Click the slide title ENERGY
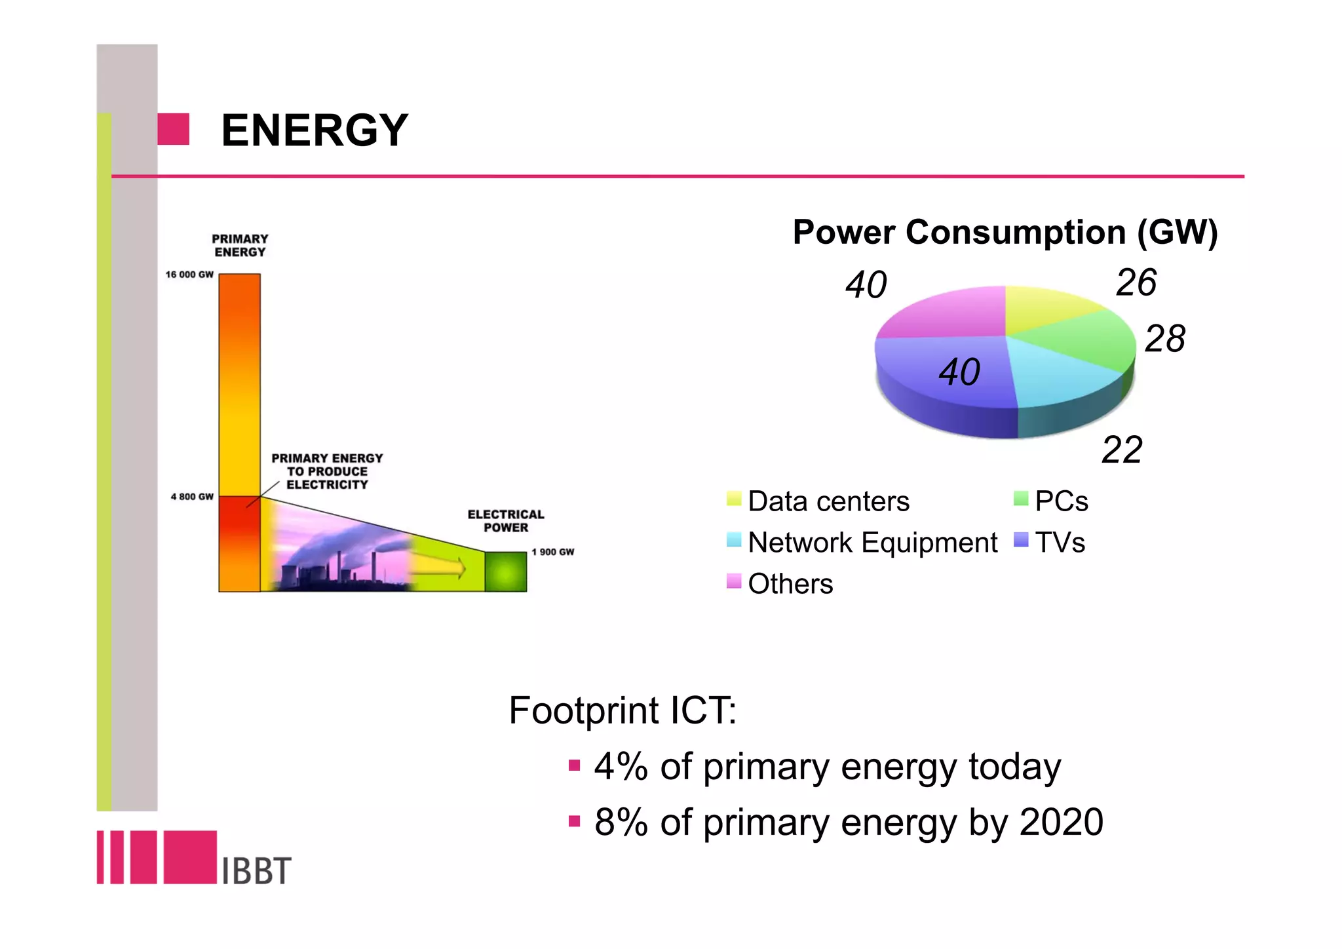315,130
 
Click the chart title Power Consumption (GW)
1005,232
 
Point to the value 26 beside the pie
1136,283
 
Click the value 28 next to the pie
1164,339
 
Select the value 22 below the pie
1122,450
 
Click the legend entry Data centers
828,501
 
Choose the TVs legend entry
1060,543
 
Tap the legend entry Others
790,584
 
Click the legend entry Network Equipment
872,543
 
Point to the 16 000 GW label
189,275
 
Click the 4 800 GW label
192,497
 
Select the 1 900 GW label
552,552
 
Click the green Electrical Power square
505,571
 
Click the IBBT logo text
256,871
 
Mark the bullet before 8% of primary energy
575,821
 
